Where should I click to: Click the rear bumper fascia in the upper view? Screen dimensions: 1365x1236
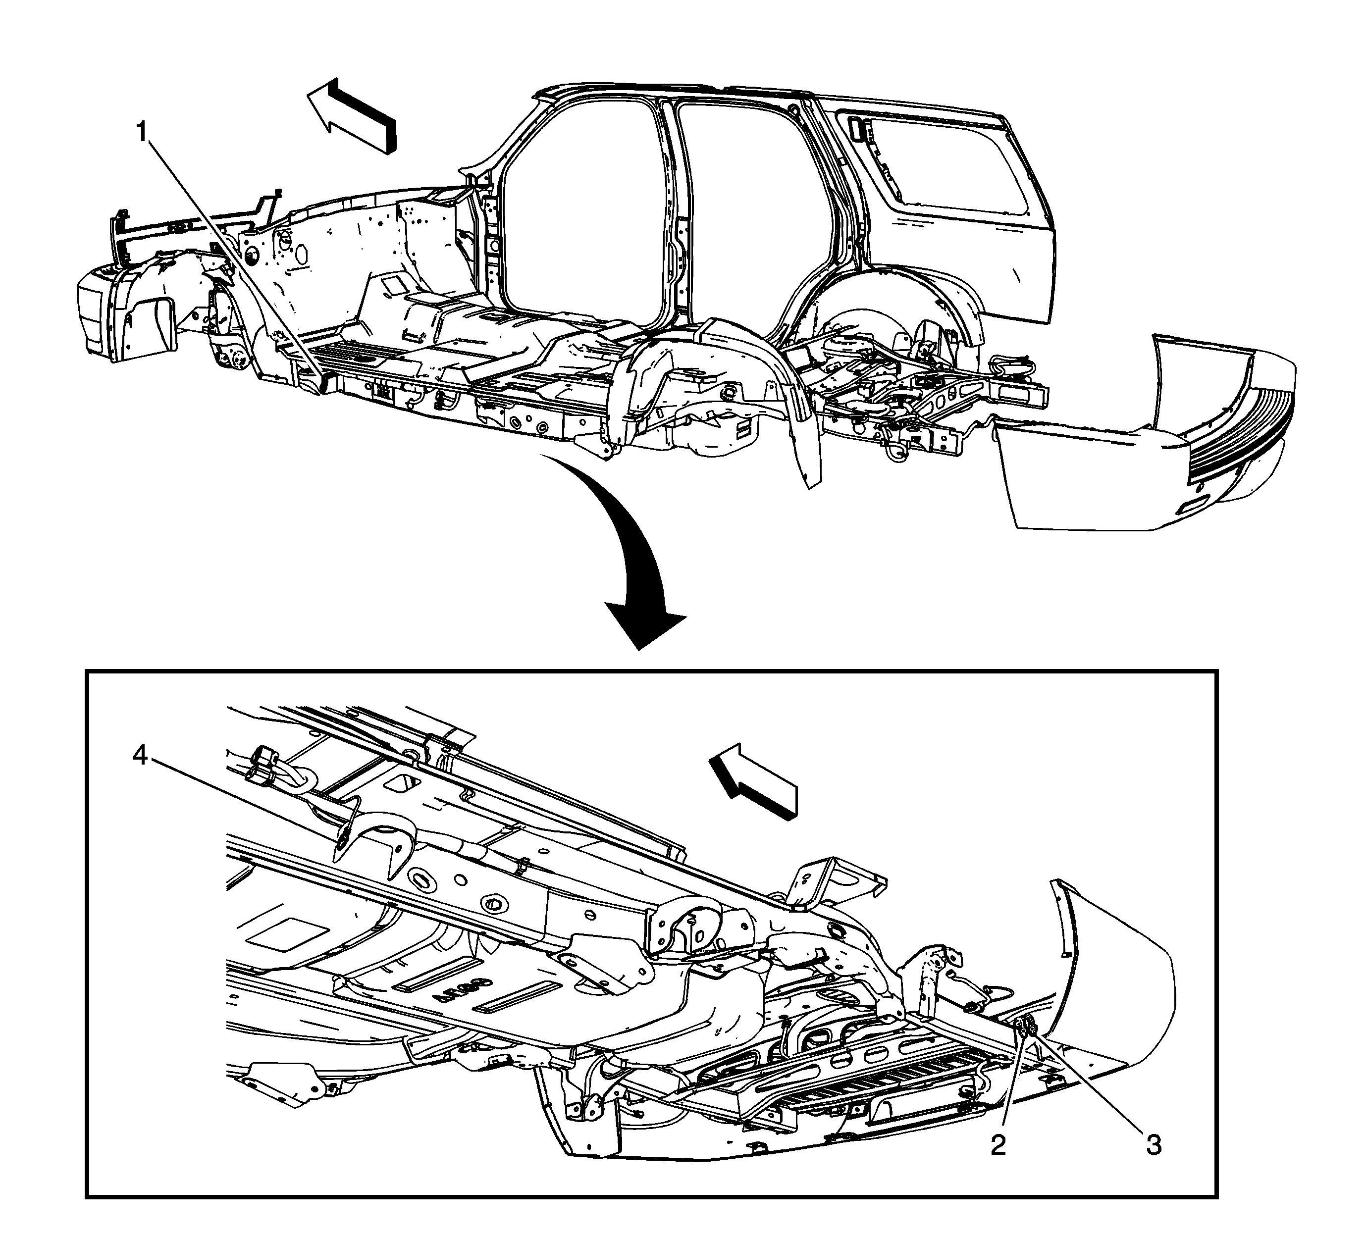tap(1144, 433)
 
